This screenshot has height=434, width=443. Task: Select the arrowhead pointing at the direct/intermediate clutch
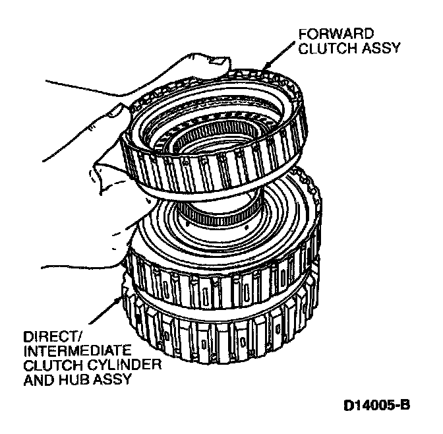(121, 298)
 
